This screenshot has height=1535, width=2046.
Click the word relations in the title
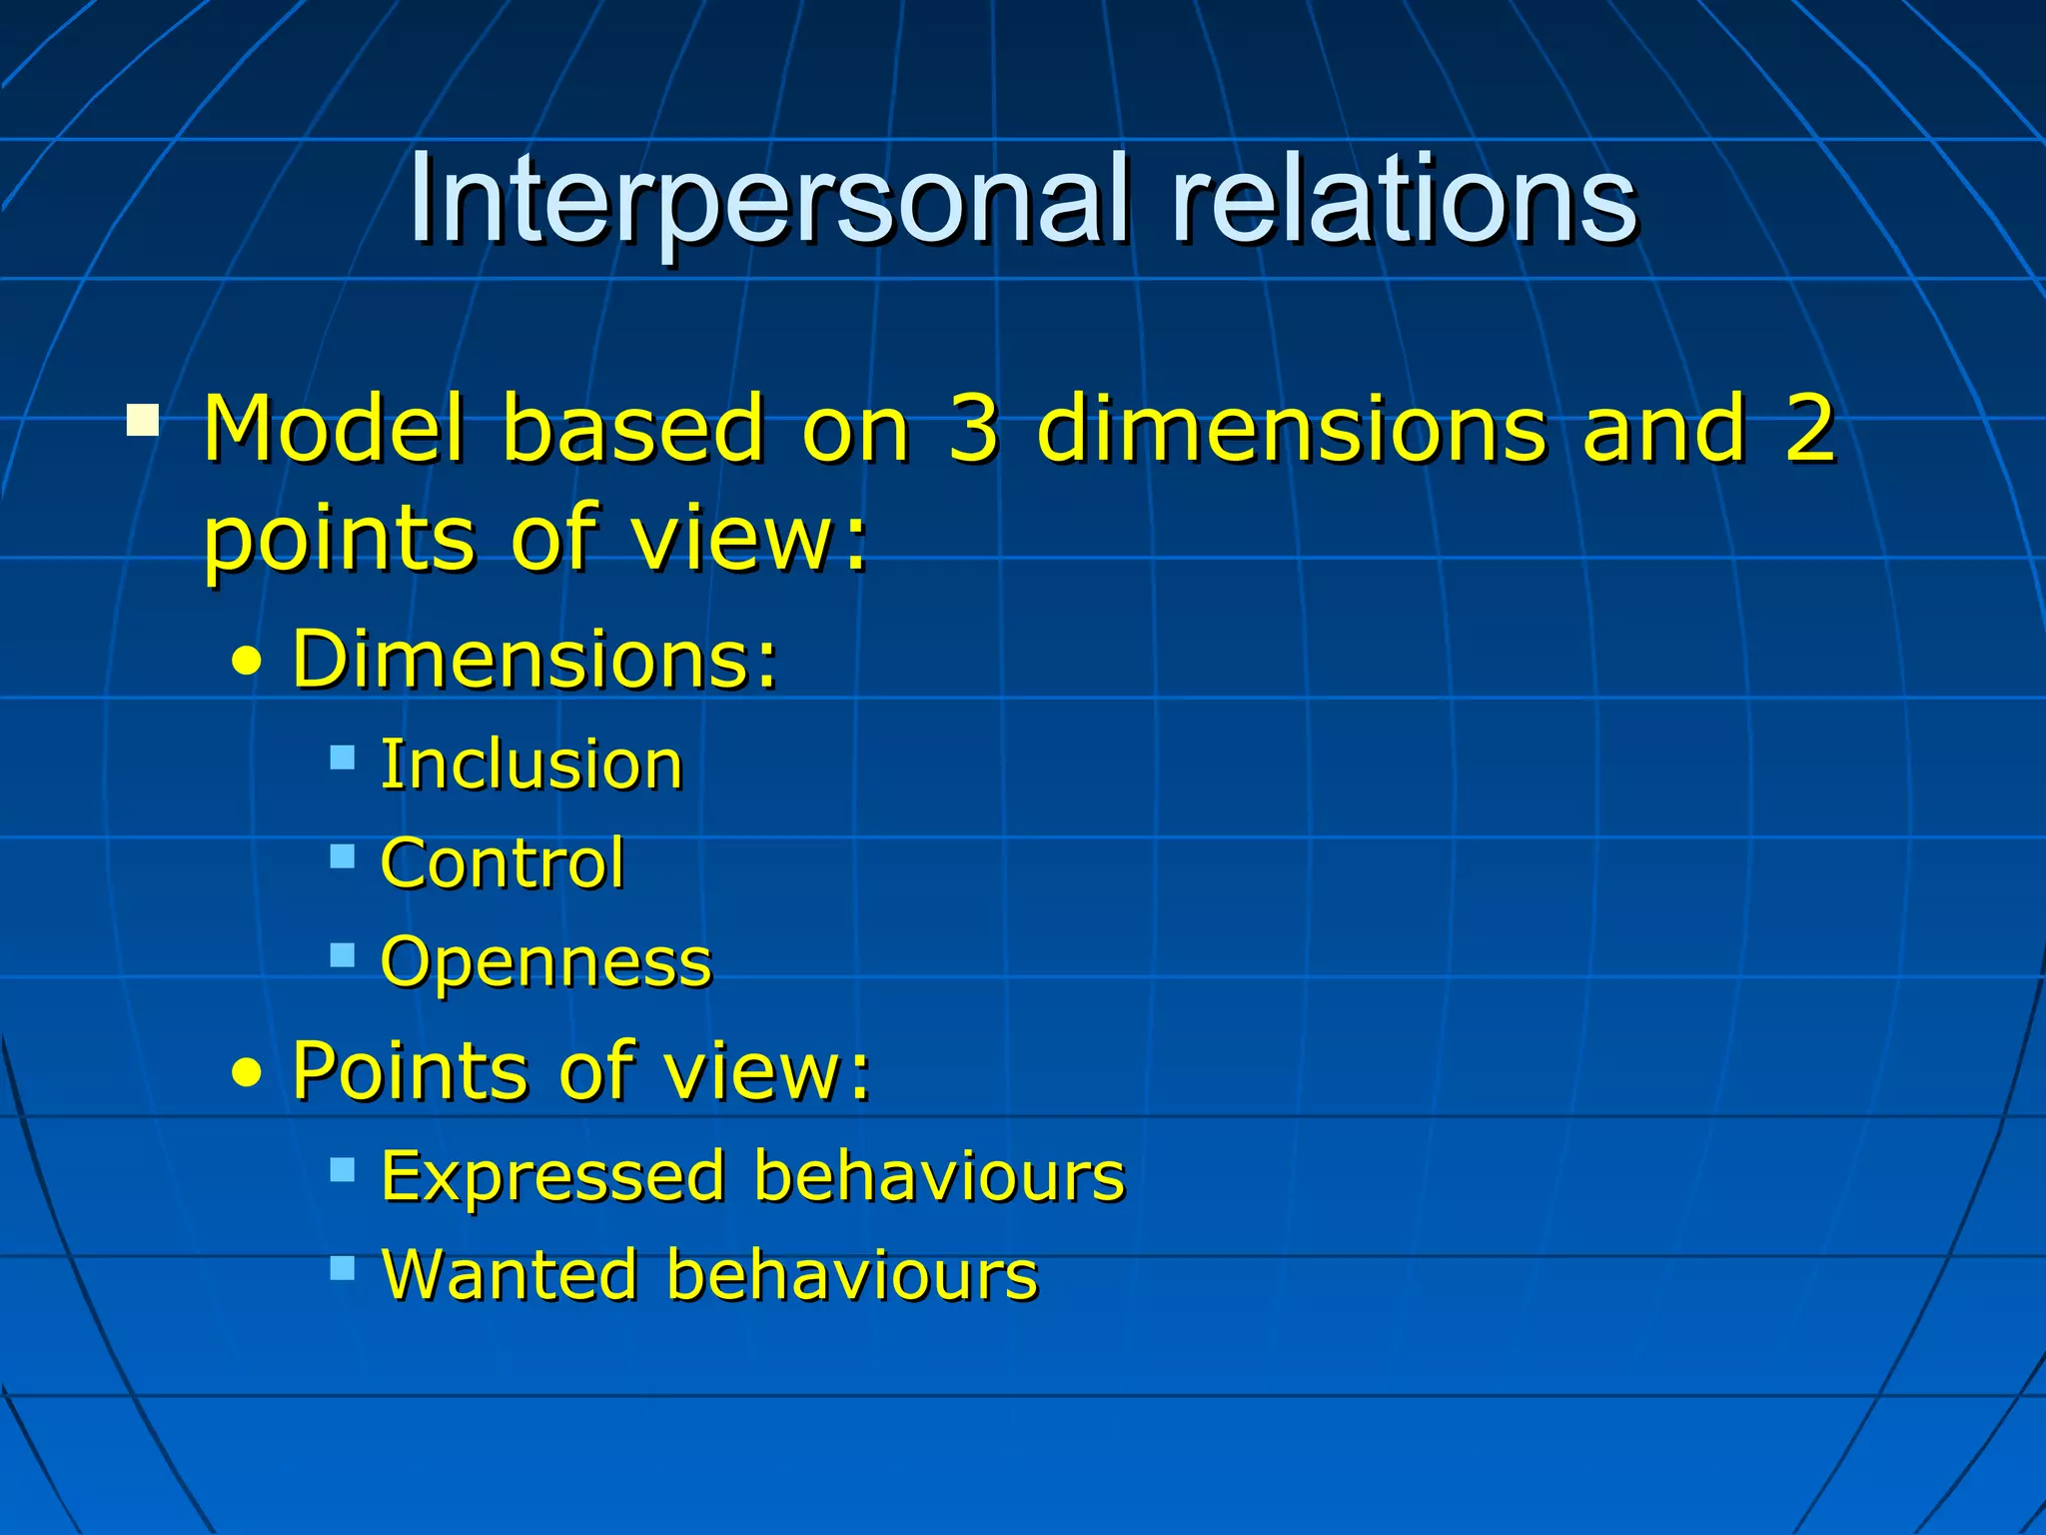1404,200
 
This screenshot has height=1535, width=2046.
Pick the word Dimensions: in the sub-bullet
534,660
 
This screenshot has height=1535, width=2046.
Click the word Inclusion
531,766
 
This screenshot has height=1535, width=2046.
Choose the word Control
503,863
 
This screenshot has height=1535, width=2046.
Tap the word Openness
546,962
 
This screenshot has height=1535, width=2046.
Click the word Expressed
553,1176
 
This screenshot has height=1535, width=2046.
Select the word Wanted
511,1275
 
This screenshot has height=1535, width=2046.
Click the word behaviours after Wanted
852,1275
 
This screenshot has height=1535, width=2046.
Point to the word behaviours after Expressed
939,1176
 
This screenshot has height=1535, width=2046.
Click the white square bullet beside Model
143,420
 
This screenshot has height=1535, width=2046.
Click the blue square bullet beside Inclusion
343,758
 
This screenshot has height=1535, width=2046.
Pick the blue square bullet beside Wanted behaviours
343,1268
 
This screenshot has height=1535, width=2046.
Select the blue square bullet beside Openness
343,955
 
